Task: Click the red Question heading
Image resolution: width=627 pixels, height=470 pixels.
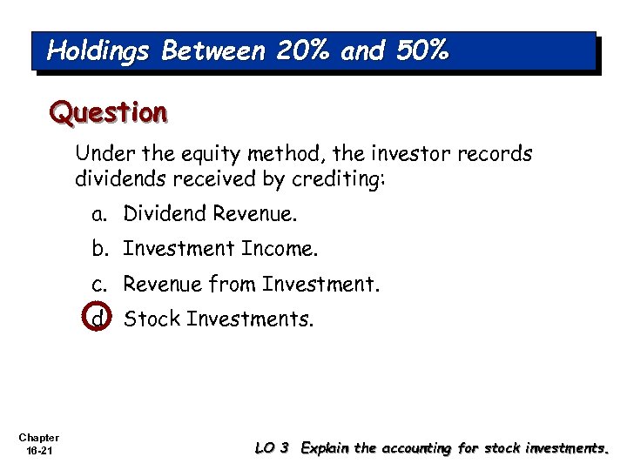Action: tap(108, 112)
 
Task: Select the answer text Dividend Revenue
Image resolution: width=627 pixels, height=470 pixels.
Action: tap(210, 214)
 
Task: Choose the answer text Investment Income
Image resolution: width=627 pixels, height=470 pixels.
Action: tap(221, 249)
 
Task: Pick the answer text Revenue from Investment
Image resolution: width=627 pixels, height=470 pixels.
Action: tap(252, 284)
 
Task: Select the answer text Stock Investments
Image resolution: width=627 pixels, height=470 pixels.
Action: tap(218, 319)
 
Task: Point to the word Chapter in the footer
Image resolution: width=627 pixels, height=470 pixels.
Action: tap(38, 438)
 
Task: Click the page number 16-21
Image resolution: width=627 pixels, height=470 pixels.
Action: tap(38, 451)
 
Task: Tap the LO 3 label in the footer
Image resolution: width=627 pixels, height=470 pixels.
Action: tap(272, 448)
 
